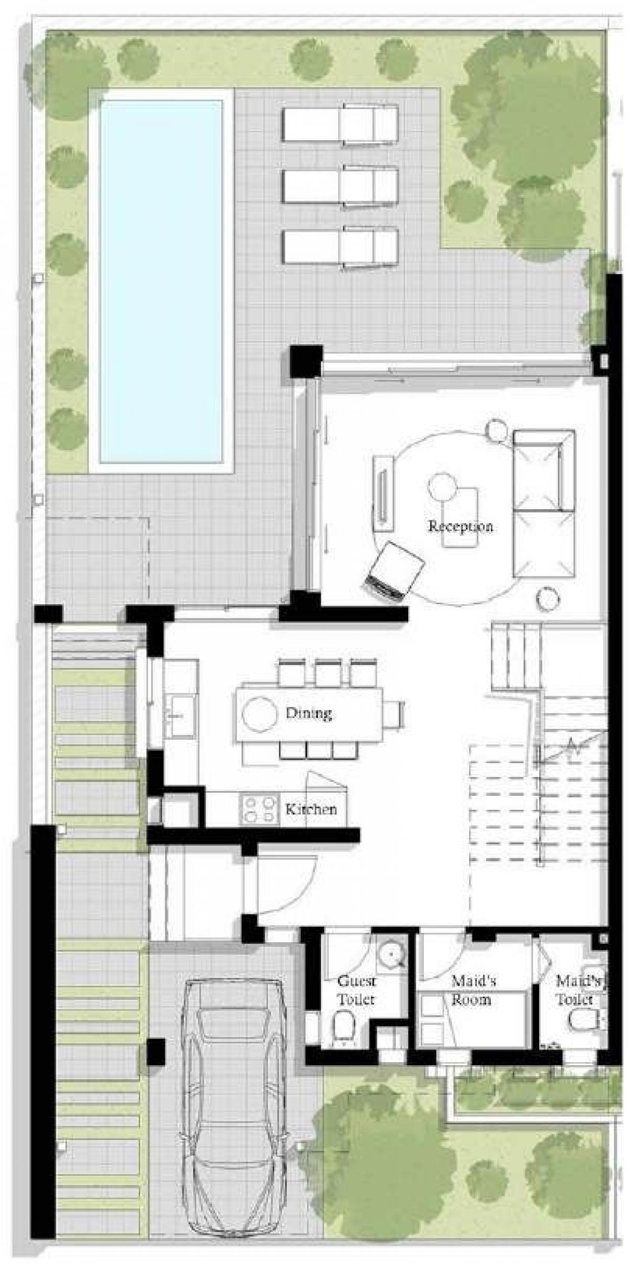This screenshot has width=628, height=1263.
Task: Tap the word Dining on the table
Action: (x=309, y=713)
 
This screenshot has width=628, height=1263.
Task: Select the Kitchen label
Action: (x=311, y=809)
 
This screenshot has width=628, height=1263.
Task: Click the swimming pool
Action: (x=161, y=281)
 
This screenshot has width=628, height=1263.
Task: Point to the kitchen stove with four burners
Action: (x=259, y=809)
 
